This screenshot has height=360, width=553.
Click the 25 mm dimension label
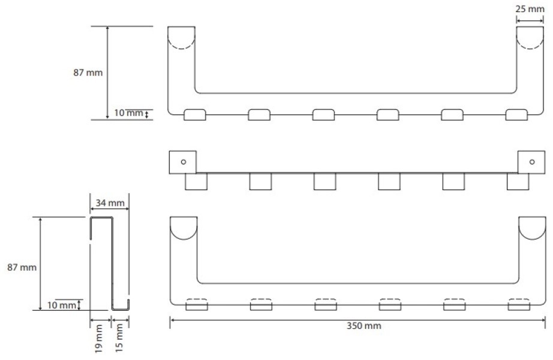(530, 9)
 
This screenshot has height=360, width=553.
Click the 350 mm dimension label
(363, 325)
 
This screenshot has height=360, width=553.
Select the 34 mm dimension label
(110, 203)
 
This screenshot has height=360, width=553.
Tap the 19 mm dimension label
(99, 338)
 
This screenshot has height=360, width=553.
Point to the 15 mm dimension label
(119, 338)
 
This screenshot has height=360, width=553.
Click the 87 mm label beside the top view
(88, 73)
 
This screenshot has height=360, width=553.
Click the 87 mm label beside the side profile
(22, 267)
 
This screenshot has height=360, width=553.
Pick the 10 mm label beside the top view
(128, 113)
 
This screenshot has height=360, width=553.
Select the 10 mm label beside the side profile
(62, 305)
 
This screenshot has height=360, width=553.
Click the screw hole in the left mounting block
(184, 162)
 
